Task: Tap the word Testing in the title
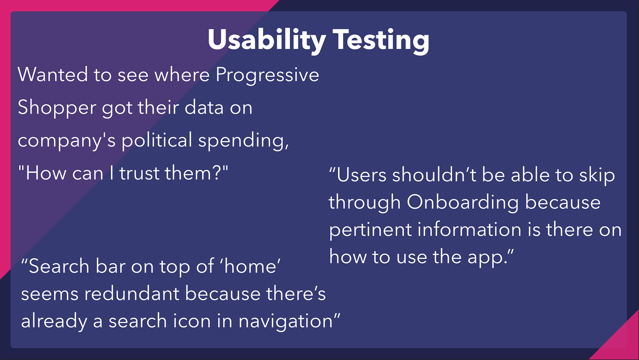pyautogui.click(x=381, y=40)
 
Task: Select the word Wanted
pyautogui.click(x=53, y=74)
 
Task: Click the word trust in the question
pyautogui.click(x=140, y=174)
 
